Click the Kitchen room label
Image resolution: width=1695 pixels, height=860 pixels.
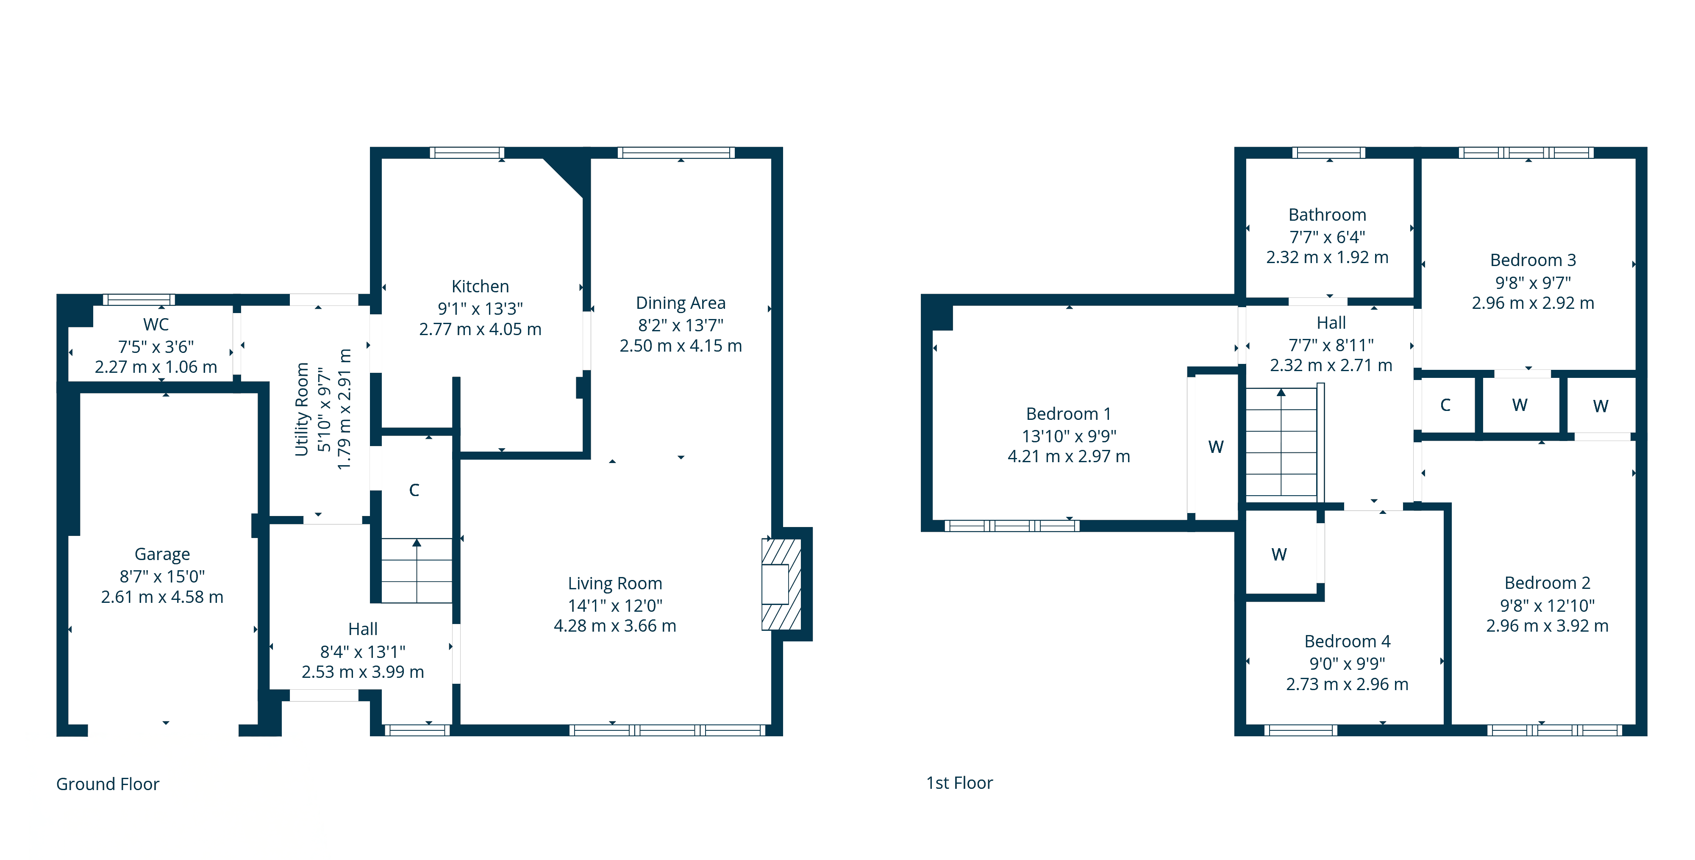[481, 286]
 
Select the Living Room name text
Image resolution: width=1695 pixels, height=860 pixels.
[614, 584]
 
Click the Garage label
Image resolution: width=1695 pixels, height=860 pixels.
[162, 555]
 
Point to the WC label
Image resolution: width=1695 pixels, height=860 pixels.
[156, 325]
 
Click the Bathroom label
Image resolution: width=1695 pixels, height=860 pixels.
[1327, 215]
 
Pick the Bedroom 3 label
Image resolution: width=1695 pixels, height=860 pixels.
[1533, 260]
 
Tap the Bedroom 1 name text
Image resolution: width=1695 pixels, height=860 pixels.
[1069, 414]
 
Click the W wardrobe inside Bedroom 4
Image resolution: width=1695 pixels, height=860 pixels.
[1279, 555]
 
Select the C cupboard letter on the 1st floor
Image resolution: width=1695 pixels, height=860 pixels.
[1445, 405]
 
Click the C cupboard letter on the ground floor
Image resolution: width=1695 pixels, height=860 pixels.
[414, 490]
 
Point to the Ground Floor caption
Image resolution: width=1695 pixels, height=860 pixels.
[108, 784]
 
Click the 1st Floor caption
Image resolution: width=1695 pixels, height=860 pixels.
[959, 783]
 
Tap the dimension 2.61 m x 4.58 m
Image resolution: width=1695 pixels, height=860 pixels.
[162, 597]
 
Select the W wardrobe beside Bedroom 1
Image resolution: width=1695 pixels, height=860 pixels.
[1216, 447]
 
